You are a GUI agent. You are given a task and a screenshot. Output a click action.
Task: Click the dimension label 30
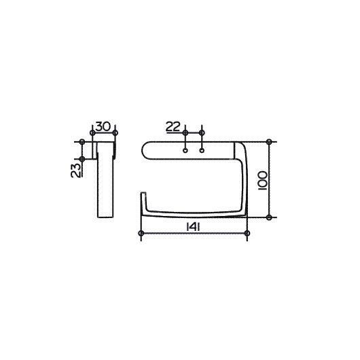(103, 126)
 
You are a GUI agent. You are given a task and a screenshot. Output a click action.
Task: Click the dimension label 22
(173, 127)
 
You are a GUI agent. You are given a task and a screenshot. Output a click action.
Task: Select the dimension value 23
(76, 170)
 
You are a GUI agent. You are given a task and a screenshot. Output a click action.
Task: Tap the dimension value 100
(263, 180)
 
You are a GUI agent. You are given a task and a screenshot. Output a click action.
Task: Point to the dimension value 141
(193, 228)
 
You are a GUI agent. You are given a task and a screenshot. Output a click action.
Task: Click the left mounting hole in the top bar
(185, 151)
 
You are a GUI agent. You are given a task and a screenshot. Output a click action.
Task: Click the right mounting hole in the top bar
(202, 151)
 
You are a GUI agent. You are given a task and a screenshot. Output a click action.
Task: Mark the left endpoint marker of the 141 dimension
(141, 234)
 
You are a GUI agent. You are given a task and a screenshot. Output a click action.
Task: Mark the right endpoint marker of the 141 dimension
(247, 234)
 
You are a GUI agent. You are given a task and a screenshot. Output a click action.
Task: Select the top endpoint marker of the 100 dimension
(269, 142)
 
